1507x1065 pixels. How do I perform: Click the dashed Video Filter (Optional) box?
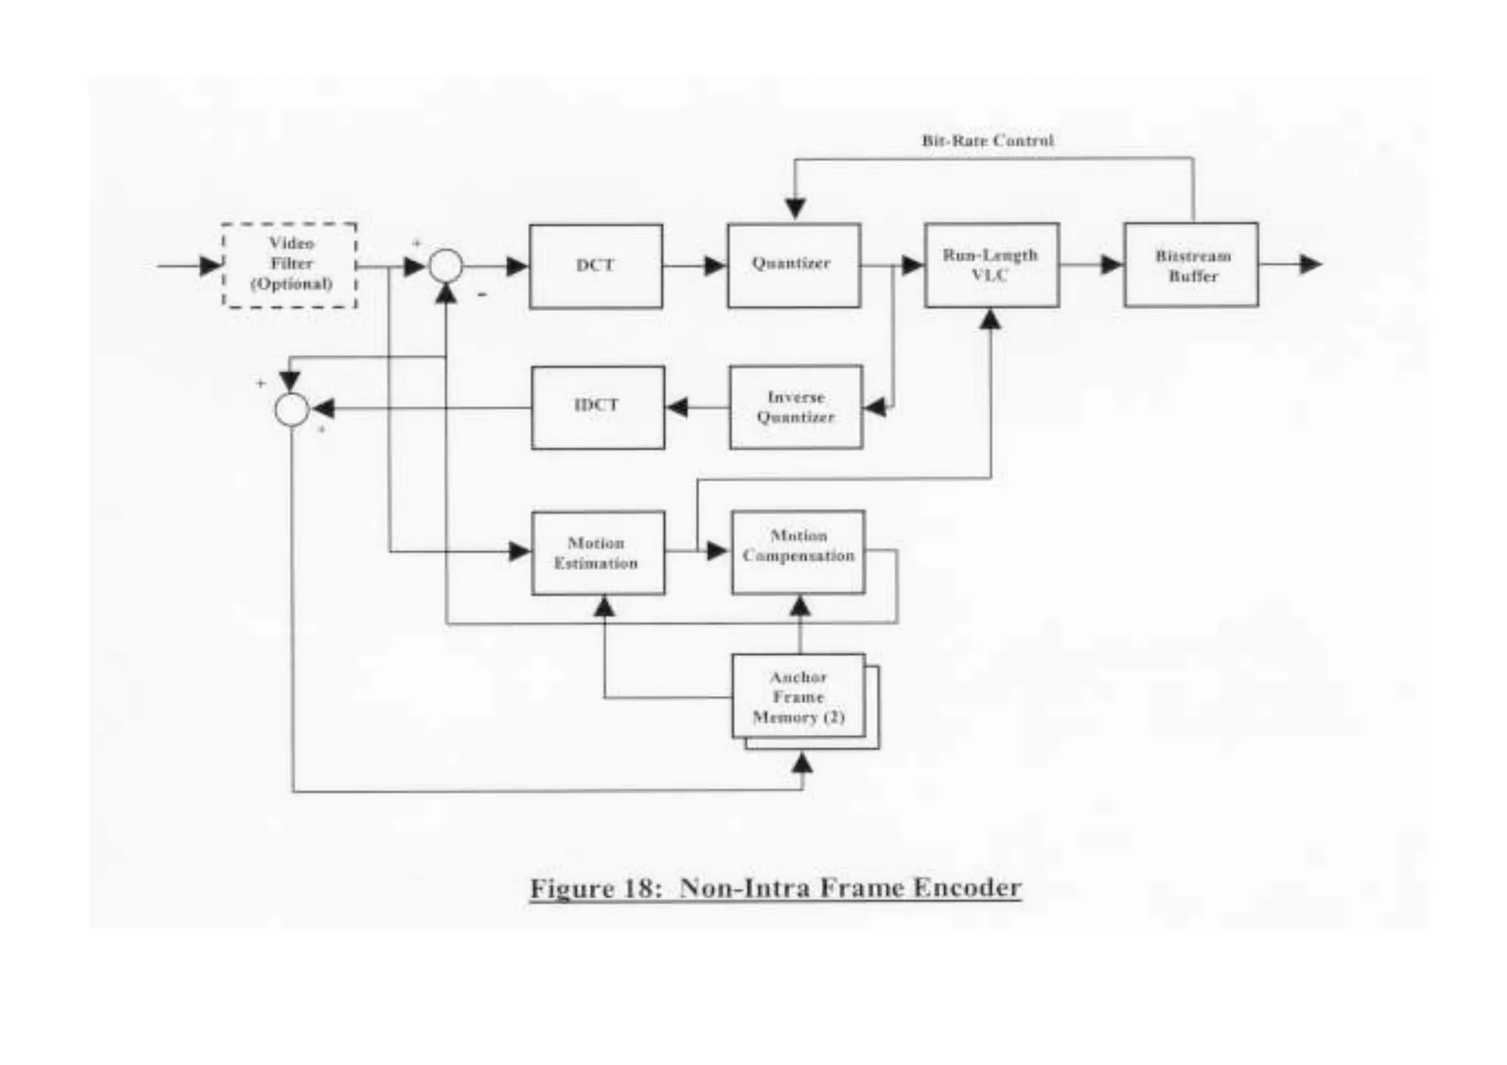(x=290, y=265)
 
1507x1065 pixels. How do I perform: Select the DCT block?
(x=595, y=266)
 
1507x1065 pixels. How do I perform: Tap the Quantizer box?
(x=794, y=266)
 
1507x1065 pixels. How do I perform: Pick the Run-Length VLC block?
(x=991, y=266)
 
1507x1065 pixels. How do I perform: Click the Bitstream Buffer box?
(x=1191, y=266)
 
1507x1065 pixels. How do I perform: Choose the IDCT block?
(x=598, y=407)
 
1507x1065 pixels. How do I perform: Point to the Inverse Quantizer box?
(x=796, y=407)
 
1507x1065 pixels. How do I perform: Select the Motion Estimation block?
(x=598, y=553)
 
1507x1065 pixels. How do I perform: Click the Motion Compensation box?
(x=798, y=552)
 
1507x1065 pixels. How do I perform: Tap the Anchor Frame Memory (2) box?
(x=798, y=697)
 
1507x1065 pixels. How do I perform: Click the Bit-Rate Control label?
(x=987, y=140)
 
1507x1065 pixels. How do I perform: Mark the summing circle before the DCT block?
(x=446, y=266)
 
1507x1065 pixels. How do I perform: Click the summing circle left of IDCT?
(x=292, y=409)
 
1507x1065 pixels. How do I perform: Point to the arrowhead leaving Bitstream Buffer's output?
(x=1310, y=264)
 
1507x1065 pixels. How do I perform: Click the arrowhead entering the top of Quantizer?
(x=795, y=209)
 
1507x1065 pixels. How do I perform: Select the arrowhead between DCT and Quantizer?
(x=715, y=266)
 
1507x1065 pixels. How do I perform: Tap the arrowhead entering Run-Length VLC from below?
(x=991, y=319)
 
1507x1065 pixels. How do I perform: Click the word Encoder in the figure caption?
(x=967, y=888)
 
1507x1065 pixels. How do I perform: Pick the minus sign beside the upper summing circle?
(x=482, y=295)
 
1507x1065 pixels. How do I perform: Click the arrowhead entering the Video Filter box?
(x=211, y=266)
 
